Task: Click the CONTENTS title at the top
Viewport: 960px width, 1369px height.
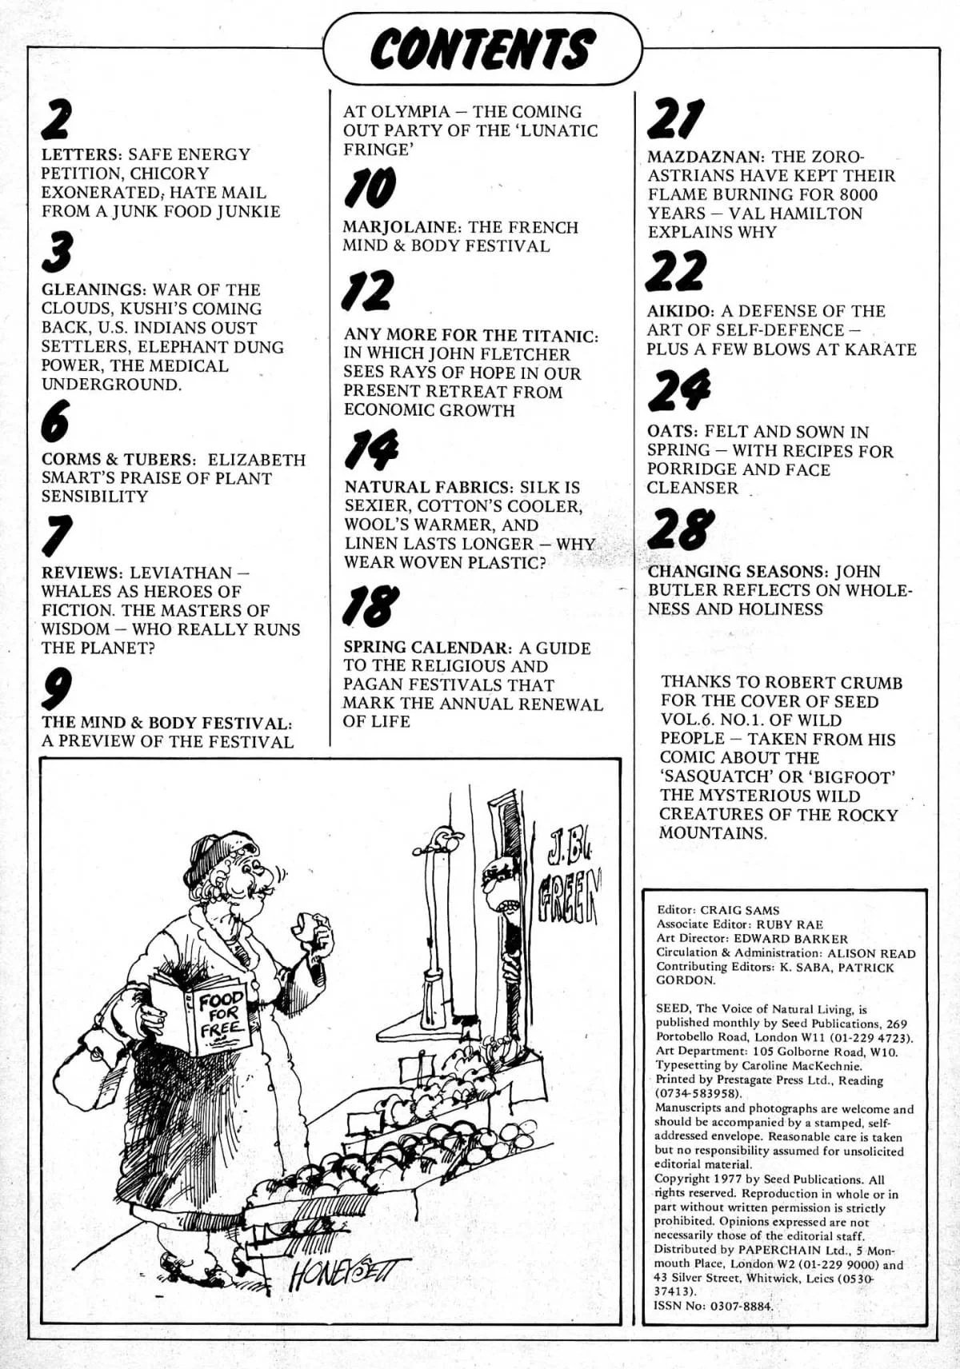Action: (x=482, y=49)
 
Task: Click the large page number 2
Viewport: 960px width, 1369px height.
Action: (x=58, y=122)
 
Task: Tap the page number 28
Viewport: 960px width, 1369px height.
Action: (x=680, y=530)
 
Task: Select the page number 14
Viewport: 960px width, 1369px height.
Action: (x=370, y=451)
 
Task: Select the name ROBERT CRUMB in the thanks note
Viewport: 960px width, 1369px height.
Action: (x=833, y=683)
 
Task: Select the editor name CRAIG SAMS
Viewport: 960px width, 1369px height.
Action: (x=739, y=910)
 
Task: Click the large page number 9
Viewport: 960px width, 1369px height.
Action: (x=58, y=689)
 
